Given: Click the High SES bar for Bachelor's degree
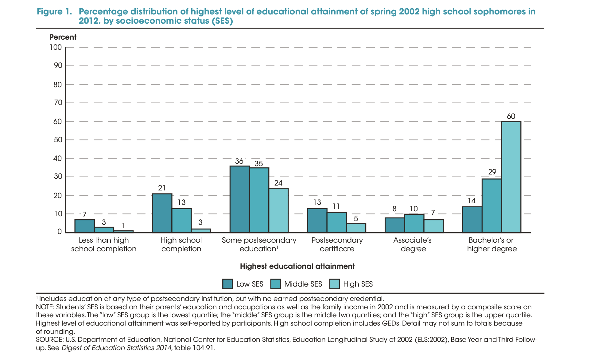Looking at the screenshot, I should coord(511,177).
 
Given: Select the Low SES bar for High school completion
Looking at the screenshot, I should coord(162,213).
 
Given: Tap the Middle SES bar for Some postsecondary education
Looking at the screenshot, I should coord(259,200).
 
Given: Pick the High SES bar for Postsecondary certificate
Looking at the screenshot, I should coord(356,228).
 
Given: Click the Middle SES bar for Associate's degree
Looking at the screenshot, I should coord(414,223).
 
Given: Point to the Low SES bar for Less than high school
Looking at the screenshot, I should coord(84,226).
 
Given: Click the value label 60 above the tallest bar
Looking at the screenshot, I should coord(511,116).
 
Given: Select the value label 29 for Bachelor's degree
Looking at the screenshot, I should coord(492,172).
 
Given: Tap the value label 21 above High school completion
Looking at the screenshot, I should coord(162,188).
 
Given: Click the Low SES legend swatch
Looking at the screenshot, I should coord(227,284).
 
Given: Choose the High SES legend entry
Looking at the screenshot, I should coord(351,284).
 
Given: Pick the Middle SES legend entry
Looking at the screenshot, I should coord(297,284).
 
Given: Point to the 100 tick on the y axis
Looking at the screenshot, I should coord(56,47).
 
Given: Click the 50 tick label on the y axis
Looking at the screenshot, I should coord(57,140).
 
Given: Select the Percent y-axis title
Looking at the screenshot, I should coord(63,37).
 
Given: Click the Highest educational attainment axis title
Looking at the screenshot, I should coord(297,266).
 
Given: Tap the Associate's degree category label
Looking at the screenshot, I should coord(413,245).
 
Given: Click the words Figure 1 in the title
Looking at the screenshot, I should coord(54,12).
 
